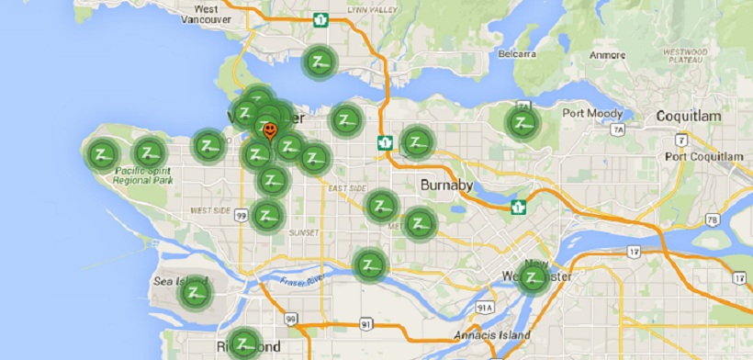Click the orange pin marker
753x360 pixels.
(x=269, y=131)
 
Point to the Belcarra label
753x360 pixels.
(x=516, y=55)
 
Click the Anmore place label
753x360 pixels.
(x=607, y=55)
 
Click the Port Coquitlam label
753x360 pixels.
(x=705, y=157)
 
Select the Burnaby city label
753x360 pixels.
(x=446, y=186)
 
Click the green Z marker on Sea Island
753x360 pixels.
(x=195, y=294)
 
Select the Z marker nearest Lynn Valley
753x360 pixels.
(x=320, y=62)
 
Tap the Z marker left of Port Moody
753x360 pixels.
(x=523, y=122)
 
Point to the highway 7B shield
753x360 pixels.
(x=712, y=219)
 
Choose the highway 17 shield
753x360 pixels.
(x=740, y=276)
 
